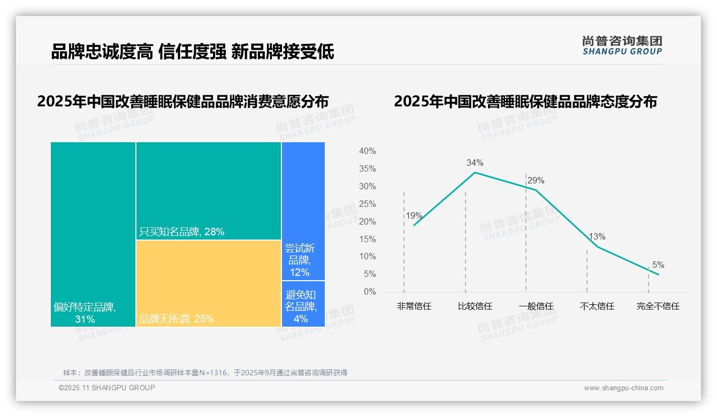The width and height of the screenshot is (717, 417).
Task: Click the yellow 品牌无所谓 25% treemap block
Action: [x=209, y=283]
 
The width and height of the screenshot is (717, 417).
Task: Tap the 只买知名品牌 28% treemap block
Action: [x=209, y=191]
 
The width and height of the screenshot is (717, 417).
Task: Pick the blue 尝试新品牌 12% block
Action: [x=303, y=211]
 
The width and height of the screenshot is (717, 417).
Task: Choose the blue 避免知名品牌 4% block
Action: [x=303, y=304]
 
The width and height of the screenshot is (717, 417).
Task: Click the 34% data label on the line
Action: [x=475, y=163]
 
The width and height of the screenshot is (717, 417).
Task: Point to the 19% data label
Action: [x=414, y=216]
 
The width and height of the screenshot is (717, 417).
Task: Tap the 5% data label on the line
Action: [x=658, y=265]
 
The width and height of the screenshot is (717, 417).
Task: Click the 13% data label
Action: [x=597, y=236]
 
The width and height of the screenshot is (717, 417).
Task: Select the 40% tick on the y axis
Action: [x=367, y=151]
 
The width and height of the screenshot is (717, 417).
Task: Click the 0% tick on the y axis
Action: [x=369, y=292]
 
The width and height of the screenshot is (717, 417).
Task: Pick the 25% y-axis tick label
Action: [x=367, y=204]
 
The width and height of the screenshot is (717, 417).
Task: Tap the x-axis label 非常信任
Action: [x=414, y=306]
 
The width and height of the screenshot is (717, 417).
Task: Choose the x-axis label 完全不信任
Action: [x=658, y=306]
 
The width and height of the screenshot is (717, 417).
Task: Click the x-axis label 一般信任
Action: [x=536, y=306]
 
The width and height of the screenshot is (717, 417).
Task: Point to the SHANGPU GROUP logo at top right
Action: [x=622, y=45]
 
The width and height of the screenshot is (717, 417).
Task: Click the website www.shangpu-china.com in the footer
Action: [x=623, y=388]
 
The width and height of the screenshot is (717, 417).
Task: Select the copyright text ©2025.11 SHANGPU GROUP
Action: [x=107, y=388]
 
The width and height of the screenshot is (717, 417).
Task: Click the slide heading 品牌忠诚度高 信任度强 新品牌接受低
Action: [x=193, y=52]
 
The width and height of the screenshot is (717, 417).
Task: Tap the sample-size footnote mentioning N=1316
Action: [x=205, y=373]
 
